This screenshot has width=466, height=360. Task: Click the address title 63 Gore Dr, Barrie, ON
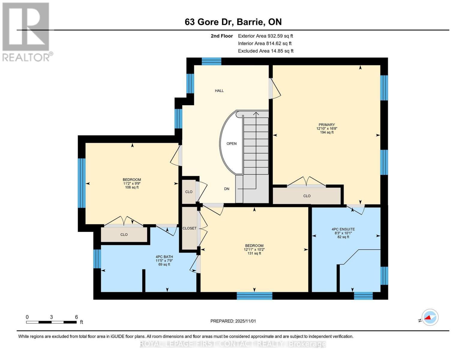click(x=233, y=22)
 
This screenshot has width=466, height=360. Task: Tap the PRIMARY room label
click(x=326, y=125)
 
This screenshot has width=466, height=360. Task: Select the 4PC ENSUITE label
click(x=343, y=229)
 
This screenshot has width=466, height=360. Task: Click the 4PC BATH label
click(x=164, y=257)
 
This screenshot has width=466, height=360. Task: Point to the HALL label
click(x=219, y=91)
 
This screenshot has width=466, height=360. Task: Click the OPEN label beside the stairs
click(x=231, y=144)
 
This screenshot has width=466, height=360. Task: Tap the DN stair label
click(x=227, y=189)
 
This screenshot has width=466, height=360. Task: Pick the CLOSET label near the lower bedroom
click(x=189, y=228)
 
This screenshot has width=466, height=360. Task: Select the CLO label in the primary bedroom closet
click(x=307, y=196)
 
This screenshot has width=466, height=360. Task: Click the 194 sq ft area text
click(x=326, y=132)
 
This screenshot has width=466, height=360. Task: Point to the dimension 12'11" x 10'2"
click(x=254, y=249)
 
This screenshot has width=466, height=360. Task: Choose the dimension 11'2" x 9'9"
click(x=132, y=184)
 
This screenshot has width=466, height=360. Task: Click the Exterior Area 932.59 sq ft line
click(x=265, y=36)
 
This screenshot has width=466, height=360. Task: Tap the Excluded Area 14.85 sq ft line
click(x=266, y=51)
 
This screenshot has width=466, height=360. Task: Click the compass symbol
click(x=430, y=317)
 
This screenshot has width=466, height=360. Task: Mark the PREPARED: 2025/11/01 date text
click(x=233, y=321)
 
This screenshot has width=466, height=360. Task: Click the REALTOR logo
click(x=27, y=32)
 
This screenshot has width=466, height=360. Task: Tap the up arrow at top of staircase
click(x=256, y=114)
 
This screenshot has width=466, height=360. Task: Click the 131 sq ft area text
click(x=254, y=253)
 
